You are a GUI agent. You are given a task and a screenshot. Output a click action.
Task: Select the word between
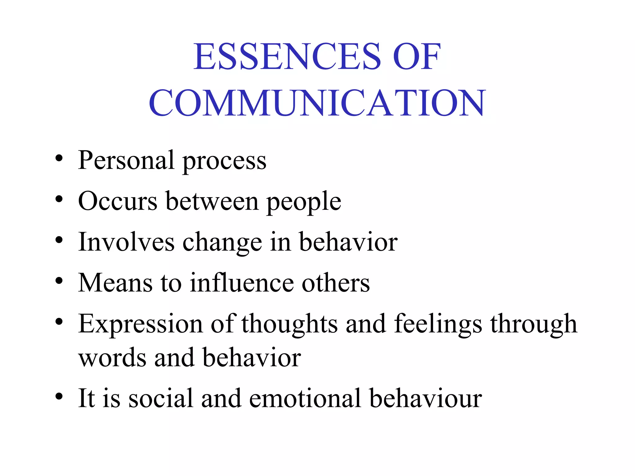click(x=212, y=201)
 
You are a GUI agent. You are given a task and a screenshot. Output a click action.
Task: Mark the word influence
click(x=242, y=283)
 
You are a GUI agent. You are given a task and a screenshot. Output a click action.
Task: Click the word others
click(x=336, y=283)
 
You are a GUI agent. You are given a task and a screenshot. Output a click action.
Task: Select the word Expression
click(x=140, y=324)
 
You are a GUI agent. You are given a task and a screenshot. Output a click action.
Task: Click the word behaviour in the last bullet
click(x=426, y=398)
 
